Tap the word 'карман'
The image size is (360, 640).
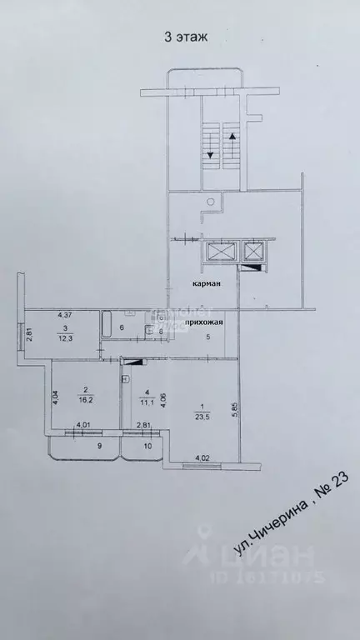(207, 283)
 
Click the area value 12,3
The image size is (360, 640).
(62, 338)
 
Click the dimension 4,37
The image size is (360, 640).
(64, 315)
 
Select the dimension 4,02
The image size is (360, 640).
(202, 457)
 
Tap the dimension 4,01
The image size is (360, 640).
(83, 425)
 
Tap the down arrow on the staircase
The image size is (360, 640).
(210, 153)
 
